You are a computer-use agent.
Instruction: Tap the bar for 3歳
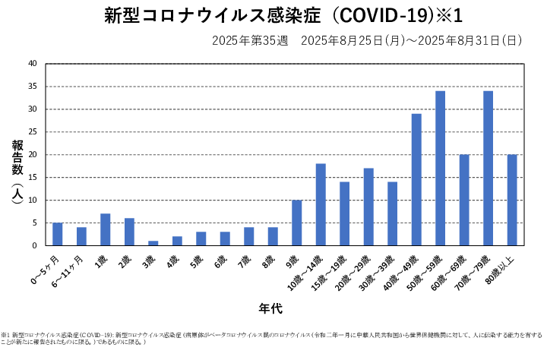153,243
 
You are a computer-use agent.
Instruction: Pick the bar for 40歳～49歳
416,180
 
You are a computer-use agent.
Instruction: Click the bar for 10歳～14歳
321,205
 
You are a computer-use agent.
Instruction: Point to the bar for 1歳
105,229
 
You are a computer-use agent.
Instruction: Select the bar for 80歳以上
511,201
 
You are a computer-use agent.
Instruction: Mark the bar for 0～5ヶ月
58,234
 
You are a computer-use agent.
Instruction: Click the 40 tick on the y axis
32,64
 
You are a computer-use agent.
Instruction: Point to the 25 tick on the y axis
32,132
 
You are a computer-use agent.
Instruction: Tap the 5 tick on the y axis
34,223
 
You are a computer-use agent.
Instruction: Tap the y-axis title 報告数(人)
17,171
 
